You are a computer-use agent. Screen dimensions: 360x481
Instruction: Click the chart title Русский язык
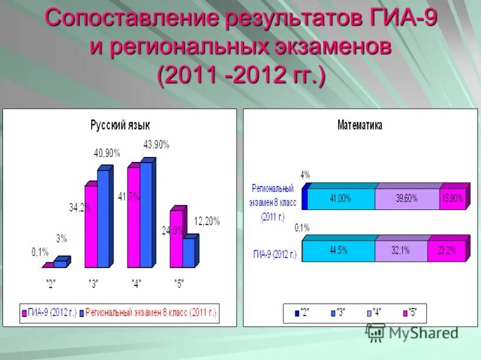pos(120,125)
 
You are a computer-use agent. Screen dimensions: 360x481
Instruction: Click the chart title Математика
pos(360,125)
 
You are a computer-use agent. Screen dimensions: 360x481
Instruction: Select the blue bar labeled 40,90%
pos(103,219)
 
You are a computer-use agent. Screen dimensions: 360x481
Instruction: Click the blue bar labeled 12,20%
pos(189,253)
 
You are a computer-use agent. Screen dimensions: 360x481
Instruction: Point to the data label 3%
pos(61,239)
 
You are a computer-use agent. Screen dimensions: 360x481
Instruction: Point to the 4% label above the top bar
pos(305,175)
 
